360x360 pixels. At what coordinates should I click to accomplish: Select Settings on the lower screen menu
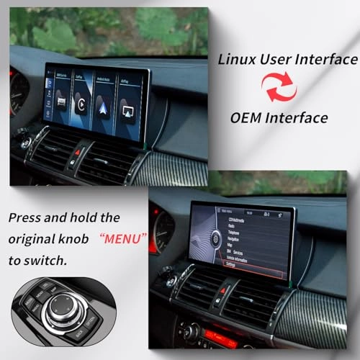point(238,264)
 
